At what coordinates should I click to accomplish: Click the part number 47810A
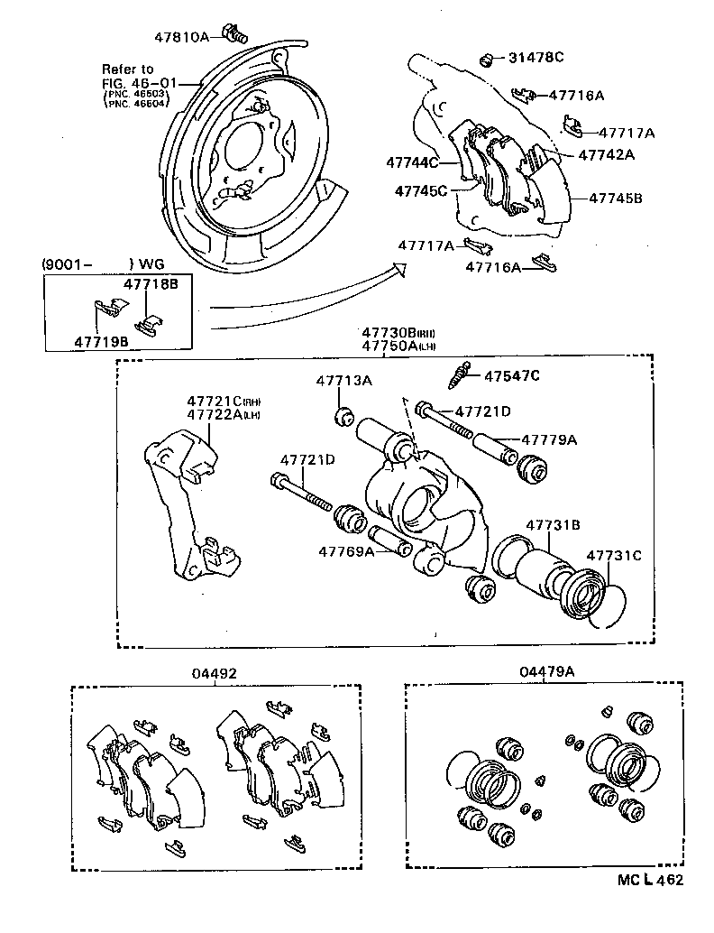tap(185, 36)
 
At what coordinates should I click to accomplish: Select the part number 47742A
tap(606, 154)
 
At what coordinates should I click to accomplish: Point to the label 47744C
tap(412, 163)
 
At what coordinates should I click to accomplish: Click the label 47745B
tap(616, 198)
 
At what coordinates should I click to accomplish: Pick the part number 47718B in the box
tap(151, 283)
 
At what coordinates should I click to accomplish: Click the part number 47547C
tap(512, 376)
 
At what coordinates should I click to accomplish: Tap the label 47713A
tap(343, 382)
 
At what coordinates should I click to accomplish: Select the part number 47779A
tap(549, 440)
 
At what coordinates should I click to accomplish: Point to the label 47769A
tap(346, 551)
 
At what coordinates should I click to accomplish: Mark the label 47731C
tap(614, 556)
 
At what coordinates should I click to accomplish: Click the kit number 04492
tap(214, 673)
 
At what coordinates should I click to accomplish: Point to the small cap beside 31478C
tap(487, 60)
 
